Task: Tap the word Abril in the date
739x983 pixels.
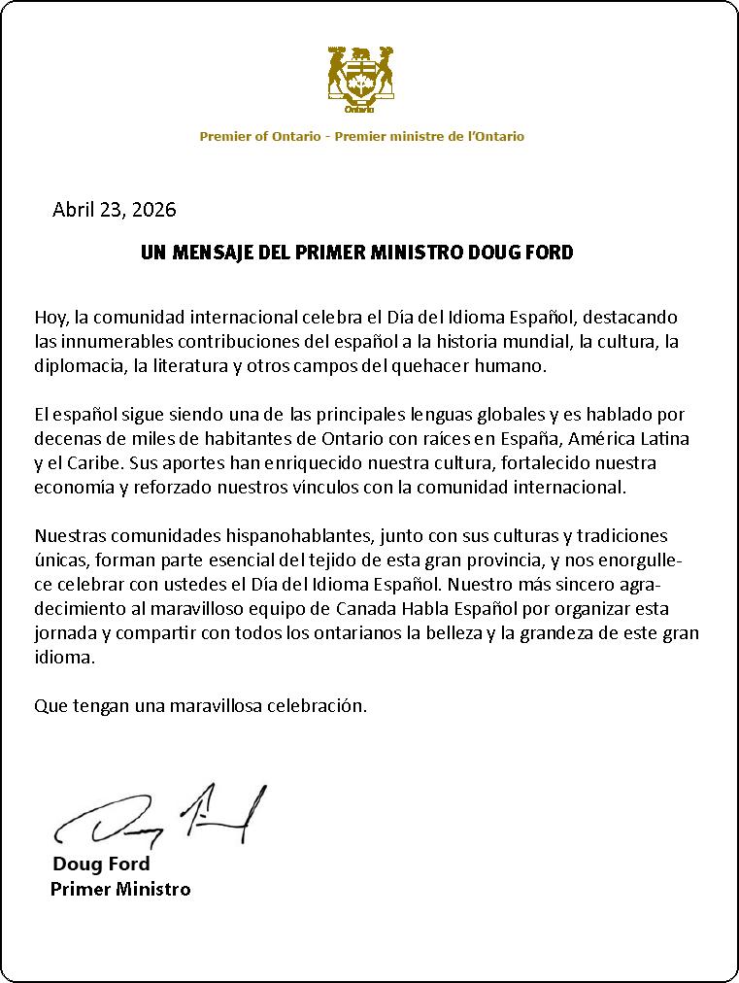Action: (x=75, y=209)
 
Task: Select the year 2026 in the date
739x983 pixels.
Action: (x=154, y=209)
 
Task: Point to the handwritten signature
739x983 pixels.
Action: (x=160, y=815)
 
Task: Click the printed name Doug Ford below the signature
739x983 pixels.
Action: (x=101, y=864)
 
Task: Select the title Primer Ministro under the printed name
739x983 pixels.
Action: (x=120, y=889)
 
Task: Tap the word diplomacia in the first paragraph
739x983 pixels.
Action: (x=78, y=365)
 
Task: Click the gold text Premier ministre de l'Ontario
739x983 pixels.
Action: (x=429, y=137)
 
